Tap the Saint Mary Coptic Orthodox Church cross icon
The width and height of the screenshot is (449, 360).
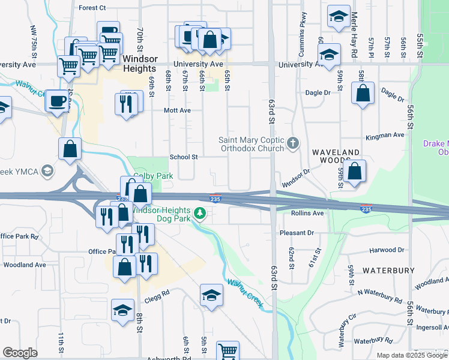click(292, 143)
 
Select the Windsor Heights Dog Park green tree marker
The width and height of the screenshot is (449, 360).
click(199, 213)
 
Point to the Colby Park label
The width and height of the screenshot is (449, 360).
click(153, 176)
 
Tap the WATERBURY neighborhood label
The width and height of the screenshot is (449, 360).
click(388, 271)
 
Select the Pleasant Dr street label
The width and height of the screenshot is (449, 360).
click(297, 232)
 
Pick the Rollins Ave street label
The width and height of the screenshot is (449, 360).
click(307, 213)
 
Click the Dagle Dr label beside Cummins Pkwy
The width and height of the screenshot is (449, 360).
click(318, 92)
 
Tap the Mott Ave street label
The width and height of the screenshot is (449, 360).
click(178, 110)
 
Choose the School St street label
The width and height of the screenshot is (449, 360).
click(183, 157)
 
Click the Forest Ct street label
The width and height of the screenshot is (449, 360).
click(92, 8)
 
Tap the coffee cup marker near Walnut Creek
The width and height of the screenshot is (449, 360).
click(58, 101)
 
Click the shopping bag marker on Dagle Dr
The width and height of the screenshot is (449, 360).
click(363, 94)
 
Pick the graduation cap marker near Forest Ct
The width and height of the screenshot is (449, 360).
click(339, 16)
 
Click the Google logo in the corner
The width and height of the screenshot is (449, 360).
click(20, 353)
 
